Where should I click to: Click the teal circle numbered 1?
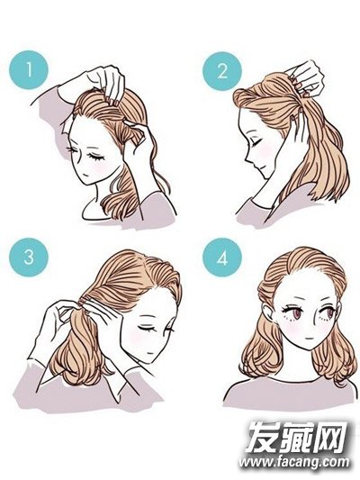[x=29, y=70]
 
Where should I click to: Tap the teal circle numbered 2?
[x=222, y=72]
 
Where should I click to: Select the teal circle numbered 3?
[x=29, y=258]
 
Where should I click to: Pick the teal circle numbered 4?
[x=222, y=258]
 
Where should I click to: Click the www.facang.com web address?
[x=294, y=462]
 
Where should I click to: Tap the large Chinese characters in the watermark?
[x=297, y=437]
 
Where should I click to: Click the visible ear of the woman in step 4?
[x=269, y=312]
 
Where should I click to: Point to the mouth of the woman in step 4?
[x=310, y=339]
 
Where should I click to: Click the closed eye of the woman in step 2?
[x=256, y=141]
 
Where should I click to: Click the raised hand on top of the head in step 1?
[x=105, y=83]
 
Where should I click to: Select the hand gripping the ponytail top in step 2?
[x=306, y=77]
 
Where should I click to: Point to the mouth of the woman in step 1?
[x=86, y=173]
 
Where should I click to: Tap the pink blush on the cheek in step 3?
[x=136, y=338]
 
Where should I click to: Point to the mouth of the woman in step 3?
[x=149, y=352]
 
